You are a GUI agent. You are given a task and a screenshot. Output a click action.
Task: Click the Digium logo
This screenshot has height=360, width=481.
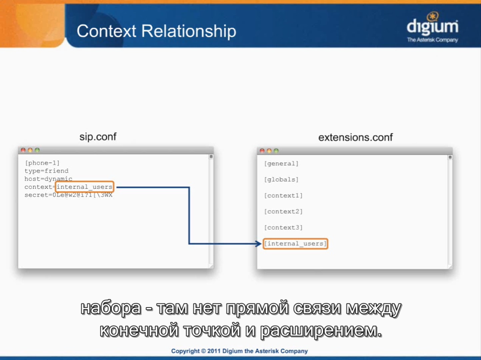tap(432, 27)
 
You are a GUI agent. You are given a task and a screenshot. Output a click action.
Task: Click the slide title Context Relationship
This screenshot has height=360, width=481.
tap(156, 31)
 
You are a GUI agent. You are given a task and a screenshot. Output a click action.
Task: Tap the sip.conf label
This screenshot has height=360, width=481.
tap(98, 137)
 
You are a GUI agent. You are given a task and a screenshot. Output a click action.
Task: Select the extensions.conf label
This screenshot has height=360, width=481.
tap(355, 137)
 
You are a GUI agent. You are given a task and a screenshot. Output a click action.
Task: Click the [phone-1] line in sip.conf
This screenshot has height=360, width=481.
tap(42, 163)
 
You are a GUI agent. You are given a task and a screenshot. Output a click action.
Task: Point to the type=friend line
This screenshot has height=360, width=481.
tap(46, 171)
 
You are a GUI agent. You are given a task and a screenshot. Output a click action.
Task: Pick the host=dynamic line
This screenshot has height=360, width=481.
tap(48, 179)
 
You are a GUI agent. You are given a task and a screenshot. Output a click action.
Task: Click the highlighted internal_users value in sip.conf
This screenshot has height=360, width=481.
tap(85, 187)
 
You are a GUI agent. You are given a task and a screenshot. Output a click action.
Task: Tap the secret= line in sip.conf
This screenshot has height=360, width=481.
tap(68, 195)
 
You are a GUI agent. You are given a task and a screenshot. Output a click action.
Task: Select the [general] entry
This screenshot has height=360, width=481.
tap(281, 164)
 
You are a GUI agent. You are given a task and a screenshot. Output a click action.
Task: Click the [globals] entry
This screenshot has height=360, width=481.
tap(281, 180)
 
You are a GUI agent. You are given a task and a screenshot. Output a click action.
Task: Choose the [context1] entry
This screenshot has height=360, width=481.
tap(283, 195)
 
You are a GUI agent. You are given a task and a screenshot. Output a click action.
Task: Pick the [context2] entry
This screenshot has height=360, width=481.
tap(283, 211)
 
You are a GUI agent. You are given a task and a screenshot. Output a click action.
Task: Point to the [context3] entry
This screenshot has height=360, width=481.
tap(283, 227)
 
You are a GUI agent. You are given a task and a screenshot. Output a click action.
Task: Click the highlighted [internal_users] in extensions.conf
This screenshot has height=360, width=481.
tap(295, 244)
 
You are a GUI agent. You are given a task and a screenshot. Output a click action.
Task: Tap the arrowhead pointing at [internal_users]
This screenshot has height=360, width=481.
tap(259, 244)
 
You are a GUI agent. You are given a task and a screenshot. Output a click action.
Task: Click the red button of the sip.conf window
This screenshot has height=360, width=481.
tap(23, 150)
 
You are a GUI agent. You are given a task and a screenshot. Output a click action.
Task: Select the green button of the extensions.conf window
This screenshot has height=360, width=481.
tap(276, 151)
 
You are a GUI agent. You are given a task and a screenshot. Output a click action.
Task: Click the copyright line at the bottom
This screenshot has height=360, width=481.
tap(240, 351)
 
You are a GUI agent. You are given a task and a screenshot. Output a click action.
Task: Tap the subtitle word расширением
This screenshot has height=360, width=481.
tap(321, 331)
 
